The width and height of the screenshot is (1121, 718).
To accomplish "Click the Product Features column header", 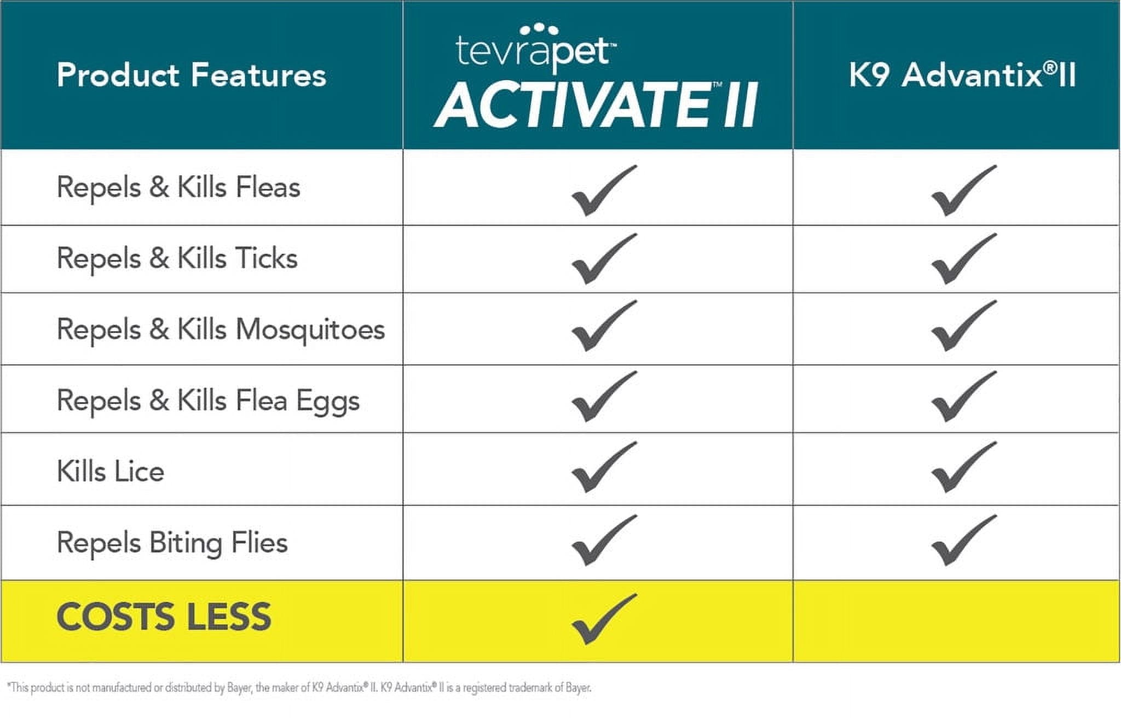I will click(191, 75).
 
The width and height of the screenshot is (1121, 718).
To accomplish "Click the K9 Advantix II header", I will click(962, 75).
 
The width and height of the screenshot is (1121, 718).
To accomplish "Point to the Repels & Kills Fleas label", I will click(178, 187).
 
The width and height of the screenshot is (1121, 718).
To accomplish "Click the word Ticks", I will click(267, 258).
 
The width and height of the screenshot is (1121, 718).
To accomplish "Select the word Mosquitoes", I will click(310, 330).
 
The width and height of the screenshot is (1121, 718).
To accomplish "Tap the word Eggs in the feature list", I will click(328, 401).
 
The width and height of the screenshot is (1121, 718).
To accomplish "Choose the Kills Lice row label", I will click(111, 471).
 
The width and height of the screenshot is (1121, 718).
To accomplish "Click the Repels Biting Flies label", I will click(172, 543).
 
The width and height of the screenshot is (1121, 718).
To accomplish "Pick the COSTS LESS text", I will click(164, 617).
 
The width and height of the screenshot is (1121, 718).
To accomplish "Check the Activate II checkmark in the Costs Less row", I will click(603, 619).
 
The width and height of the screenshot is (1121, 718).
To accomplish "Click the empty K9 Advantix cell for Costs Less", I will click(956, 621).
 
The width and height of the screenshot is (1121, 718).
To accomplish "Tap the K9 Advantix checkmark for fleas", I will click(963, 190).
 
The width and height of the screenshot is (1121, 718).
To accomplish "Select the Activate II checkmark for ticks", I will click(603, 259).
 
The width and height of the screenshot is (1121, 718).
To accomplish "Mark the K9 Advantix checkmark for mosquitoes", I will click(963, 326).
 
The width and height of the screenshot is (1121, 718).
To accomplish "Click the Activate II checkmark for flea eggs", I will click(603, 397).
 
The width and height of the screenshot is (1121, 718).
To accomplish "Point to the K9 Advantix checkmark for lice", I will click(963, 467).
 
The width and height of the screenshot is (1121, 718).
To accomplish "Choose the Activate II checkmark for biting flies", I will click(603, 540).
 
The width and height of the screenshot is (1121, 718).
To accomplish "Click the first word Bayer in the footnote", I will click(239, 688).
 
